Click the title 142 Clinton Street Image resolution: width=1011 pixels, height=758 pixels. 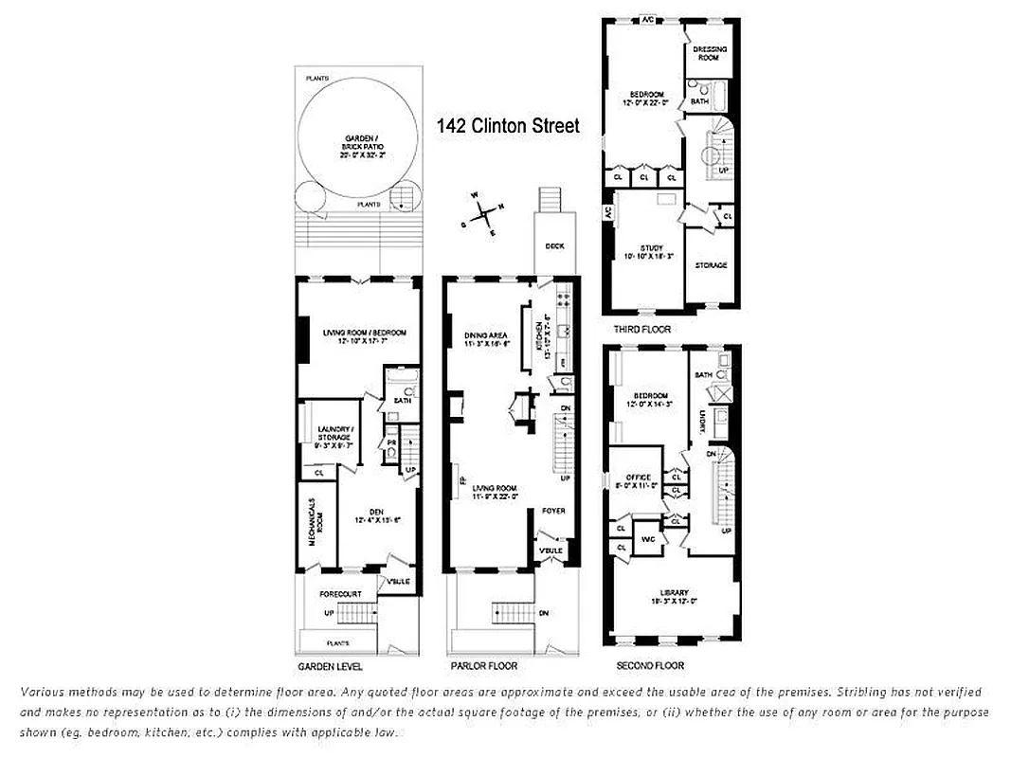point(507,126)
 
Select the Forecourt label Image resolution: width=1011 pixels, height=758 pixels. point(340,595)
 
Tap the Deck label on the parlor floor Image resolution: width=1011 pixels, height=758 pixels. point(554,245)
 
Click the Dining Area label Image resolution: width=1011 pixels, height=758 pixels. point(486,338)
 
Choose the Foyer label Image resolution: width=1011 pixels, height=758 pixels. point(553,511)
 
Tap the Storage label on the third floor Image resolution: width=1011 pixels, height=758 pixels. point(711,265)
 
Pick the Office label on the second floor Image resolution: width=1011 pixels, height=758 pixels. point(639,479)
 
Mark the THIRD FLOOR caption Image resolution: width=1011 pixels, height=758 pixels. point(641,329)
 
